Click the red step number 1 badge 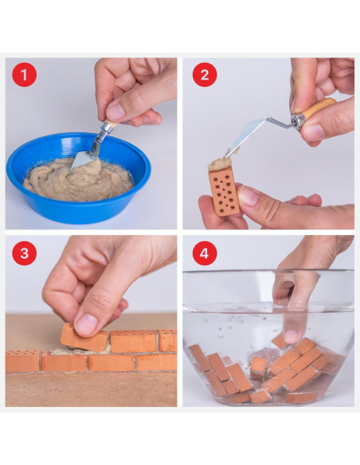click(25, 76)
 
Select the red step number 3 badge click(25, 254)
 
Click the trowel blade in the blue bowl click(84, 158)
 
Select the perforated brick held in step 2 click(225, 191)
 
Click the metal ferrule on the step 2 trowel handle click(299, 119)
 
